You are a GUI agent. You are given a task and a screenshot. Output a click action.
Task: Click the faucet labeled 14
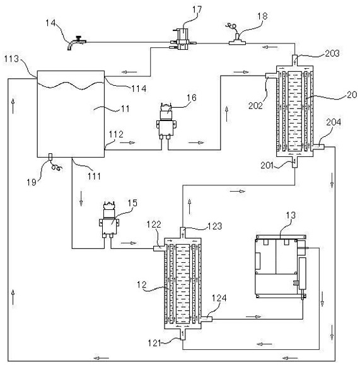click(76, 42)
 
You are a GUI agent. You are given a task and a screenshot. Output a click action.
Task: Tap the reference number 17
click(197, 10)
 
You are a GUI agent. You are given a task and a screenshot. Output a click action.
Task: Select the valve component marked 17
click(183, 39)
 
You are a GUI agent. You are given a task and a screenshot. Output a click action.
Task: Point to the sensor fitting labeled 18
click(237, 40)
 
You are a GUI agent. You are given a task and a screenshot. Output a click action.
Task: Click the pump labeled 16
click(166, 122)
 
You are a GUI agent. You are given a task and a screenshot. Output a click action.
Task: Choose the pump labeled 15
click(109, 219)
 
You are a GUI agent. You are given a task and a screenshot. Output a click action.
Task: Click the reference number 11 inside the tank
click(125, 108)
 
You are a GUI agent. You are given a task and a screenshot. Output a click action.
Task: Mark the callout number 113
click(11, 59)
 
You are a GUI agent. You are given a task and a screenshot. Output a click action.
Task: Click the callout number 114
click(139, 88)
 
